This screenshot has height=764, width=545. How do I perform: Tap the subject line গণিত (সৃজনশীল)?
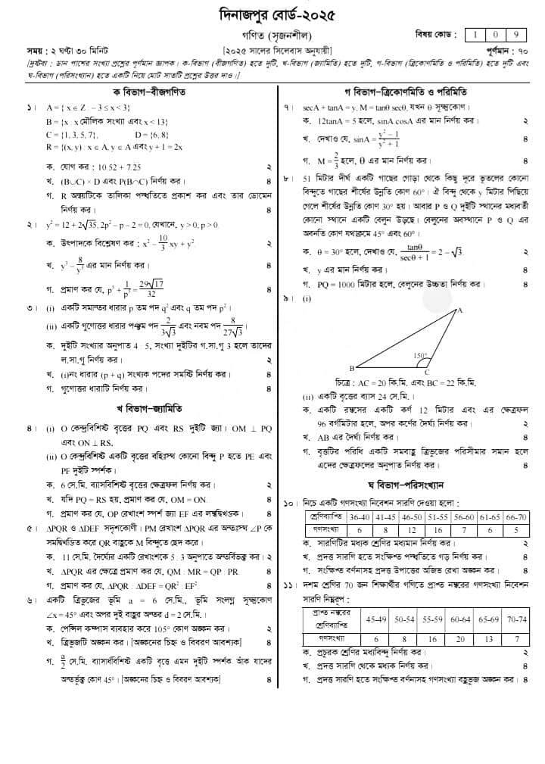pos(273,35)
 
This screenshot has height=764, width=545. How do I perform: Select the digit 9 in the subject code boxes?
pos(515,35)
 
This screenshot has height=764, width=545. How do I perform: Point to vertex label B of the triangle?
pos(351,367)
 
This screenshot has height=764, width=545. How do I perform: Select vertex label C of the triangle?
pos(427,373)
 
